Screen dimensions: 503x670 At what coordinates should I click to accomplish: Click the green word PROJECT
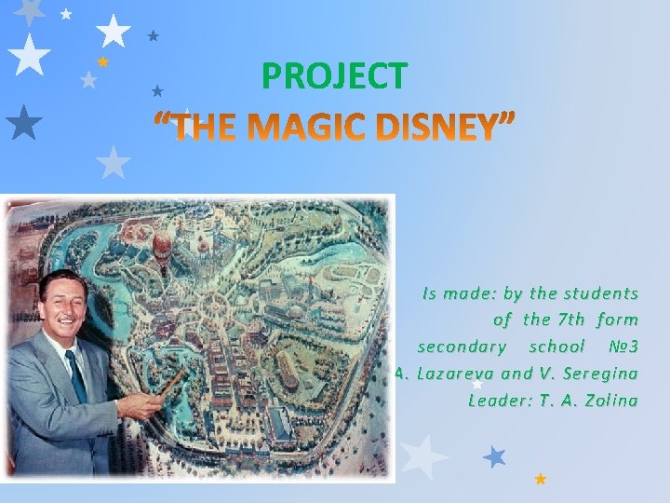334,76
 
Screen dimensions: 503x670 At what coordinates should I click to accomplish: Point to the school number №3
621,347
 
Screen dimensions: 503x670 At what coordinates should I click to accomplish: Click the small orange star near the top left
103,61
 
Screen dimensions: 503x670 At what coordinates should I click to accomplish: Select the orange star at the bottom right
541,479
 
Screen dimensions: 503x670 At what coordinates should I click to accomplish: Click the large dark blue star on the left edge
23,121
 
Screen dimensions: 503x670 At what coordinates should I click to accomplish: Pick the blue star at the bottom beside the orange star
495,456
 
